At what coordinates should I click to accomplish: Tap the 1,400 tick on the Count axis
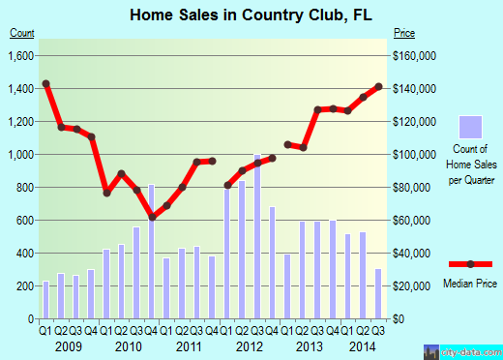pyautogui.click(x=22, y=88)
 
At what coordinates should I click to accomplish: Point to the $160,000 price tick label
pyautogui.click(x=416, y=55)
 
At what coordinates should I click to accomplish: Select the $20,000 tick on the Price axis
pyautogui.click(x=413, y=285)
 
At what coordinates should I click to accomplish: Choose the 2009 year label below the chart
pyautogui.click(x=67, y=347)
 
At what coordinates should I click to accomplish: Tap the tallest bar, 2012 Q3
pyautogui.click(x=258, y=236)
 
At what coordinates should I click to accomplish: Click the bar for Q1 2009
pyautogui.click(x=45, y=299)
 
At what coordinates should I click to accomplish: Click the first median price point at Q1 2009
pyautogui.click(x=45, y=83)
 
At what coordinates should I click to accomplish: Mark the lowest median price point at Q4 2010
pyautogui.click(x=152, y=217)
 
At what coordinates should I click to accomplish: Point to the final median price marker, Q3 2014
pyautogui.click(x=378, y=87)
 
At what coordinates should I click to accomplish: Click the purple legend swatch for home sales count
pyautogui.click(x=471, y=126)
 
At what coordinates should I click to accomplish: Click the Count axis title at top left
pyautogui.click(x=22, y=32)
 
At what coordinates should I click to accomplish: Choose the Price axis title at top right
pyautogui.click(x=404, y=32)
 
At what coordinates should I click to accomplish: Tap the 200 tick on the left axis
pyautogui.click(x=26, y=285)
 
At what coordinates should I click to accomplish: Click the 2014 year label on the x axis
pyautogui.click(x=363, y=347)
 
